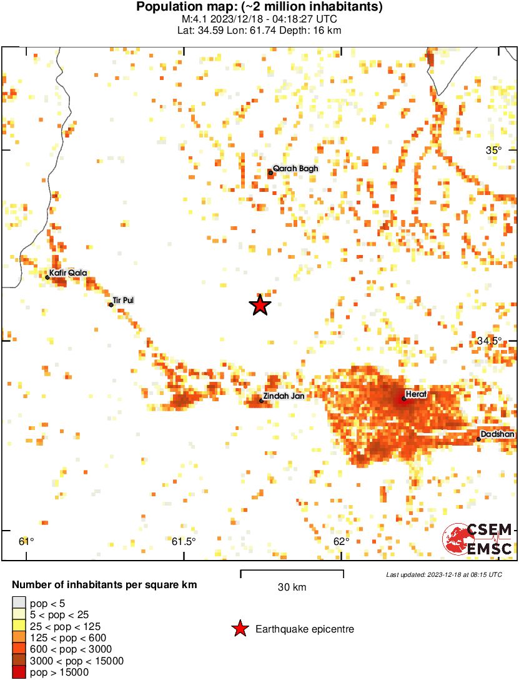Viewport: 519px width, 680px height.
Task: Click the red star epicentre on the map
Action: click(260, 305)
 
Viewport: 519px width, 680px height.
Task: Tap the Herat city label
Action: click(416, 394)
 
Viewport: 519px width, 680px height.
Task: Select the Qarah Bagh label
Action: click(295, 169)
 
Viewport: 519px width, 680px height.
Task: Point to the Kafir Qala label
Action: click(68, 272)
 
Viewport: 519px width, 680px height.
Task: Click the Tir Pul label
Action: click(124, 301)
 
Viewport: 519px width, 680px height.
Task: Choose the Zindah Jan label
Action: click(284, 396)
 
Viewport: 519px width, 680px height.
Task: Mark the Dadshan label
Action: click(497, 434)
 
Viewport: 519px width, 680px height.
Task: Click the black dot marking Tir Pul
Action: click(111, 305)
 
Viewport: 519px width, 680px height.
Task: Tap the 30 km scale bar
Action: click(292, 571)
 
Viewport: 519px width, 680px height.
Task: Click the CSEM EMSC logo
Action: click(478, 539)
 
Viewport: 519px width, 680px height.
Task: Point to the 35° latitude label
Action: click(494, 150)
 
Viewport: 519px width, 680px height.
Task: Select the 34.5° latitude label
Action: click(489, 341)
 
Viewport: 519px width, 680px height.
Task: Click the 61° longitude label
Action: click(26, 541)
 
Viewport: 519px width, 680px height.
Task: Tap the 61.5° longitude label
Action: click(184, 541)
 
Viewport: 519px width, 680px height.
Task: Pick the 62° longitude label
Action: click(341, 541)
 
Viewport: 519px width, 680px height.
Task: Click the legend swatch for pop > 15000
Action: click(19, 672)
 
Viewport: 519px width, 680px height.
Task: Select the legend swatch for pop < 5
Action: click(19, 604)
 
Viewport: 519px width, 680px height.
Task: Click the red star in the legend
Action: click(239, 629)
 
